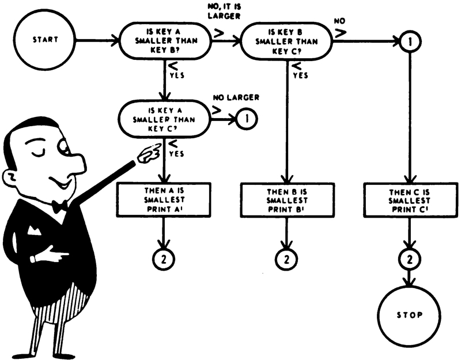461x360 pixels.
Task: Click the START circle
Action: point(39,41)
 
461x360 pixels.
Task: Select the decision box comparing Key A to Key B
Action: point(165,41)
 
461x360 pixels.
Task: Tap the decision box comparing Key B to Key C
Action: point(286,41)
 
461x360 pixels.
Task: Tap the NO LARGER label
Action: point(236,98)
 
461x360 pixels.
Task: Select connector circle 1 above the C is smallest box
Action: point(410,41)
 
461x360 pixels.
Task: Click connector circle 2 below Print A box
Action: point(165,257)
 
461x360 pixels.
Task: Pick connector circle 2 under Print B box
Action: point(286,257)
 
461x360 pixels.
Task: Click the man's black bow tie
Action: point(59,206)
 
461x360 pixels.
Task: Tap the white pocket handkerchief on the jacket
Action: point(33,230)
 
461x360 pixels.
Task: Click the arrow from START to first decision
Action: point(95,41)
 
